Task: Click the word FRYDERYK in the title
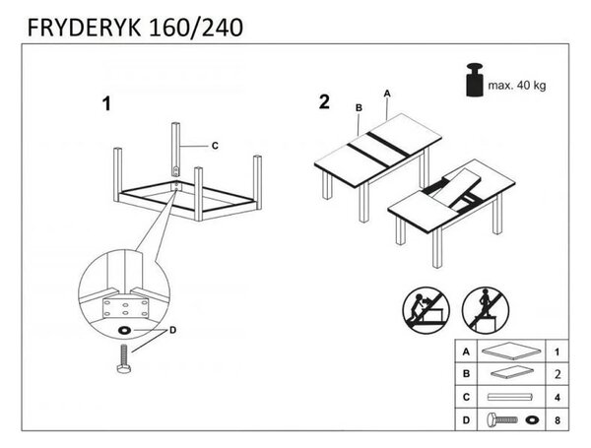(84, 28)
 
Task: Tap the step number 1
(106, 104)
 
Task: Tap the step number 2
(324, 102)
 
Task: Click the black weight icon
(475, 81)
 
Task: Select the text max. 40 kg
(517, 86)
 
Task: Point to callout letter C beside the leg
(215, 146)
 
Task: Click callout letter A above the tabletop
(387, 94)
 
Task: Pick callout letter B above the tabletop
(359, 108)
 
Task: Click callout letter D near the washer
(172, 331)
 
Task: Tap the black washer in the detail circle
(124, 331)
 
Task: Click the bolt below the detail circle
(124, 359)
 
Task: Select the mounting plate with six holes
(125, 307)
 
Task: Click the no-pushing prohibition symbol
(426, 310)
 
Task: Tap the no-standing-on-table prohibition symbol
(486, 310)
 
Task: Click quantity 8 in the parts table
(558, 420)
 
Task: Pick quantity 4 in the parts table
(558, 398)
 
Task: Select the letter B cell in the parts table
(466, 374)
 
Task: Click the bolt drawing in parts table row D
(502, 419)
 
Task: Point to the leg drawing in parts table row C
(511, 397)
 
